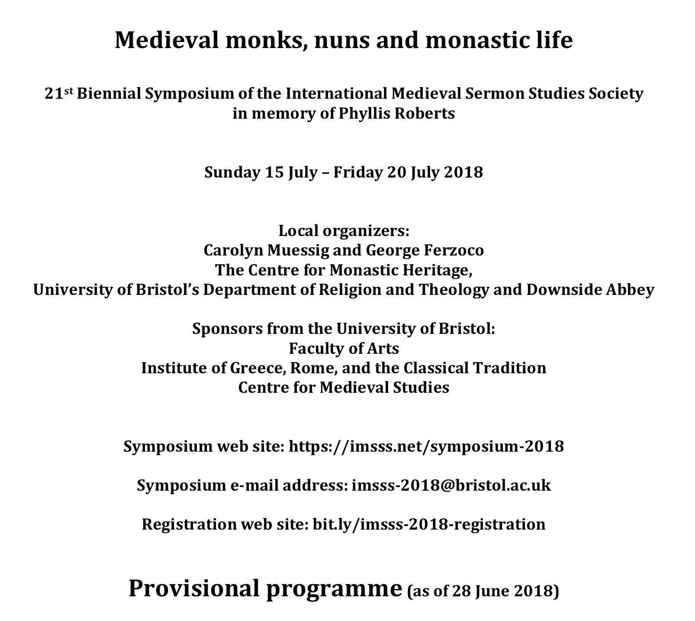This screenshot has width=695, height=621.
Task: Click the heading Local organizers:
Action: (x=344, y=231)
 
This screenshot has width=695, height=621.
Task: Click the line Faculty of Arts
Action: (x=344, y=348)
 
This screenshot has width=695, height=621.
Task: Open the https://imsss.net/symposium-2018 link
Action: (x=426, y=446)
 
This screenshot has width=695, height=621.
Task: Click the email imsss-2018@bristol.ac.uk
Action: (x=451, y=485)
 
